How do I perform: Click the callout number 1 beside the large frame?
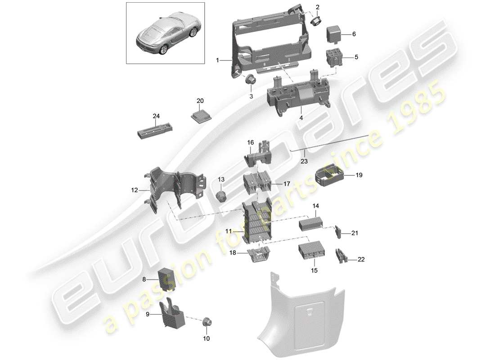(x=217, y=60)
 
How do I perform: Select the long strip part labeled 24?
(x=156, y=130)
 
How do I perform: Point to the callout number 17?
(x=286, y=184)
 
